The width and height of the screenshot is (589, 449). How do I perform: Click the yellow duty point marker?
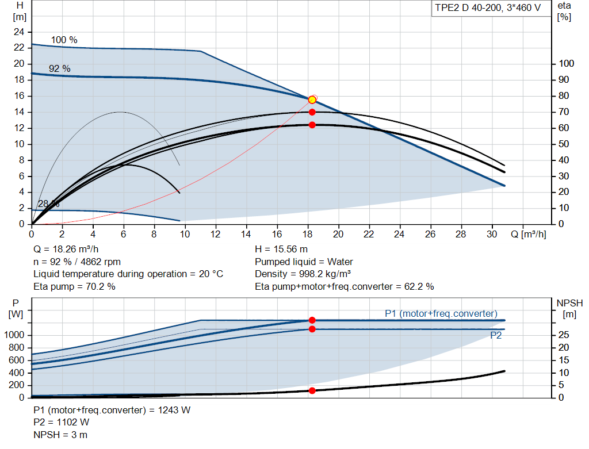point(312,100)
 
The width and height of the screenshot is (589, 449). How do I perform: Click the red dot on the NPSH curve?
point(312,390)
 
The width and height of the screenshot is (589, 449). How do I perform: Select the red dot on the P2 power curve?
point(312,329)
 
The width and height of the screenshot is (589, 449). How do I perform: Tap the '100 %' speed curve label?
point(64,40)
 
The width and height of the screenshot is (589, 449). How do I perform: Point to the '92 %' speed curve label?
point(60,69)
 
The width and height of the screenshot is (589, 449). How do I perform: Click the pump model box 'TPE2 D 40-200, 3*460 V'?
point(488,8)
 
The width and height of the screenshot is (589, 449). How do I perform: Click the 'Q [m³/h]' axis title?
point(529,234)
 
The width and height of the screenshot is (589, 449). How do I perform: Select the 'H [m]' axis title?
point(20,11)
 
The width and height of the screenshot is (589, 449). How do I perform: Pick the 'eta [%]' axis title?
point(564,11)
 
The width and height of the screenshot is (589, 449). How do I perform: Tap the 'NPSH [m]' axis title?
point(569,309)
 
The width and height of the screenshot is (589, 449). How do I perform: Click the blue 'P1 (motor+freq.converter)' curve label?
point(441,313)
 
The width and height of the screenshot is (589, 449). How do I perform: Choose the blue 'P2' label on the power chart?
point(496,335)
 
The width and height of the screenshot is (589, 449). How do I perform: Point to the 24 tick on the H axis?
point(19,32)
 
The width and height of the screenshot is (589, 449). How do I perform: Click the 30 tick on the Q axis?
point(492,234)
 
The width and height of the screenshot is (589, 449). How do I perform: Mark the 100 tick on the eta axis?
point(567,63)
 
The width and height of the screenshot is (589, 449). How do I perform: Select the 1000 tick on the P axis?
point(14,335)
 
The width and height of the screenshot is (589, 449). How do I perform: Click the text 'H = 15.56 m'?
point(281,250)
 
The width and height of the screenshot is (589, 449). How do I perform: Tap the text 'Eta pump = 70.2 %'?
point(74,287)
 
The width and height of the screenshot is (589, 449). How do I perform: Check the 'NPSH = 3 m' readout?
point(60,435)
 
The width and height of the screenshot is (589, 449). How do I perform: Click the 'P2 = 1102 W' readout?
point(62,423)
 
